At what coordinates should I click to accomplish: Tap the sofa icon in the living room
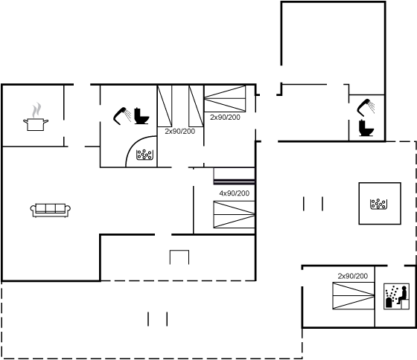pos(51,210)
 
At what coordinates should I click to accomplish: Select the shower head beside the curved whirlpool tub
pos(122,116)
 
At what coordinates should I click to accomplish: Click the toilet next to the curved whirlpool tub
pos(141,116)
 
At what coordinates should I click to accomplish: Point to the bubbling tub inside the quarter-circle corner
pos(144,155)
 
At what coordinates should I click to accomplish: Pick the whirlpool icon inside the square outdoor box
pos(378,204)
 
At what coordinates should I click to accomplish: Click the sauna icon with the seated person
pos(396,296)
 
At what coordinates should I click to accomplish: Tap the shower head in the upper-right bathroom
pos(366,107)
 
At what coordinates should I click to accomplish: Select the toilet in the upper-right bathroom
pos(366,128)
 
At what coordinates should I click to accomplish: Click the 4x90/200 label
pos(235,193)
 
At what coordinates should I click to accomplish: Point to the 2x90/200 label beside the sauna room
pos(353,276)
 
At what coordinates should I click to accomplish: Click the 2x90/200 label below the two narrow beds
pos(179,131)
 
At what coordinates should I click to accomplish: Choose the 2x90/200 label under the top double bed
pos(225,118)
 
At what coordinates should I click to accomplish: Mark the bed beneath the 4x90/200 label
pos(234,214)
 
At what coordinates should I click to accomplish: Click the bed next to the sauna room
pos(354,296)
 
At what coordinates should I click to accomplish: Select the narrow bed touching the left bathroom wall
pos(165,106)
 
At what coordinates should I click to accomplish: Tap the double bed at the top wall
pos(225,99)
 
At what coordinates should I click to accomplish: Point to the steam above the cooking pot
pos(36,110)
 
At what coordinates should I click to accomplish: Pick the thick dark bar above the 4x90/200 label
pos(234,182)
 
